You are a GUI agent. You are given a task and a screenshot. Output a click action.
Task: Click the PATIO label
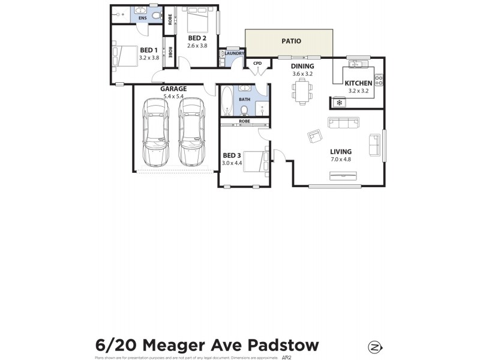click(291, 41)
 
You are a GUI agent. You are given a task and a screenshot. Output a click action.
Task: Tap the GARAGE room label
click(173, 89)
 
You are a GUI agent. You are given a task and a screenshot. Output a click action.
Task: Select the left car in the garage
click(154, 133)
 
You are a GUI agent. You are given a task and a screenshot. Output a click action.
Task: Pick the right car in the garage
click(191, 133)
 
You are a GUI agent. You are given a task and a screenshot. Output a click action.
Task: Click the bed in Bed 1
click(126, 56)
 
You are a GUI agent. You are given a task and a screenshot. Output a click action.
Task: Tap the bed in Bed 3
click(254, 161)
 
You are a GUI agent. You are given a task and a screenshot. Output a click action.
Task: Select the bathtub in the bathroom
click(227, 101)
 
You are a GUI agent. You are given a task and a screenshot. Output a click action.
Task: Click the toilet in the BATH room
click(245, 109)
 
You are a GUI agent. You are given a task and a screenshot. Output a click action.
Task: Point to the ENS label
click(142, 19)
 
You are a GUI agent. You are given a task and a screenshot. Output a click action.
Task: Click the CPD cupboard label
click(257, 63)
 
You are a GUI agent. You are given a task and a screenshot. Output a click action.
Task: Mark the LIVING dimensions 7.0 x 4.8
click(340, 160)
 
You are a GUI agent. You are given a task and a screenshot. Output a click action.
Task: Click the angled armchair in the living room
click(314, 136)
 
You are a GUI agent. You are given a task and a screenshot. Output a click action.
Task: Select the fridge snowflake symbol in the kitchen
click(339, 103)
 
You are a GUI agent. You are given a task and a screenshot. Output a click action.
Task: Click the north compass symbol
click(376, 347)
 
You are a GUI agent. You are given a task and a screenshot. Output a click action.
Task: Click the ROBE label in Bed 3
click(244, 122)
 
